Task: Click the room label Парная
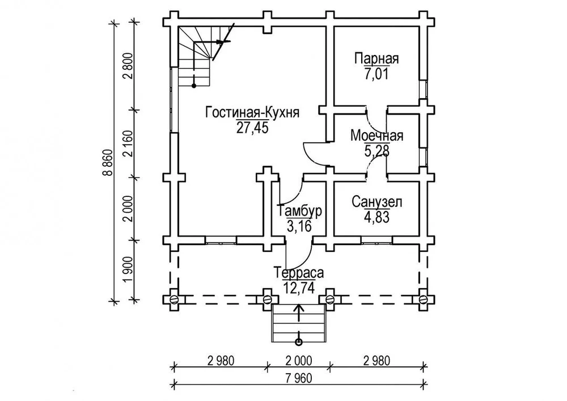(x=377, y=59)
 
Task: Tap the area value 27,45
(x=252, y=127)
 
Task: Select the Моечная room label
(x=377, y=136)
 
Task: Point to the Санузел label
(x=377, y=202)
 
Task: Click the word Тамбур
(x=300, y=212)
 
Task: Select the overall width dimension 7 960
(x=299, y=377)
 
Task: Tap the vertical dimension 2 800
(x=127, y=67)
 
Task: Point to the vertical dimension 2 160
(x=127, y=144)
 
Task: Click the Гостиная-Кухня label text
(x=252, y=112)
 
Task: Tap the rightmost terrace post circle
(x=423, y=298)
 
